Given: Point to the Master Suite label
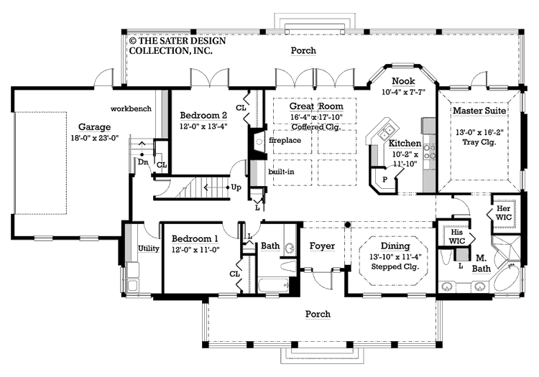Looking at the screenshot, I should point(479,112).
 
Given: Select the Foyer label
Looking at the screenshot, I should point(322,246).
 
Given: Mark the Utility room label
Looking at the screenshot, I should point(148,248).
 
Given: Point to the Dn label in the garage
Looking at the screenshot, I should point(143,162).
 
